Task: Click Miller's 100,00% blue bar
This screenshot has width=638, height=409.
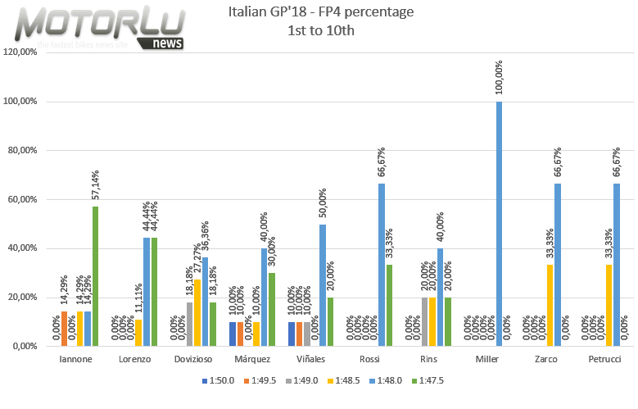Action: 499,223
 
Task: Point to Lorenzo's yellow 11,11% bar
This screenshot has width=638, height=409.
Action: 138,332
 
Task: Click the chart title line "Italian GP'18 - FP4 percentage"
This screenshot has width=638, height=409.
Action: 320,13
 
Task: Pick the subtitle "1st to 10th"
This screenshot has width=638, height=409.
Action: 320,31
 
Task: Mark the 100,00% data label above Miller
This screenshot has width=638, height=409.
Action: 499,78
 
